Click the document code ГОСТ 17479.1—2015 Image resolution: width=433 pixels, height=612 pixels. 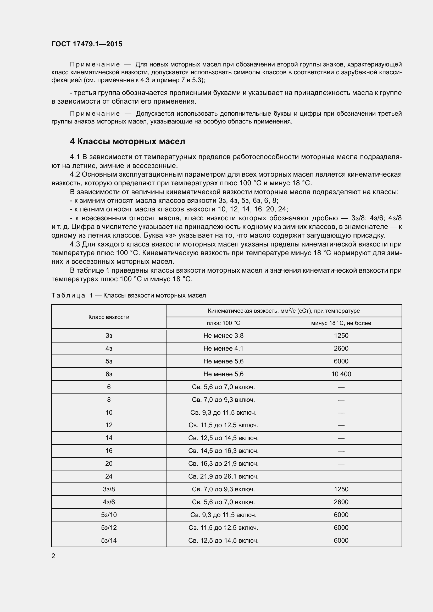coord(87,44)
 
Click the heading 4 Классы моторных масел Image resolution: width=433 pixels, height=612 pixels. coord(127,141)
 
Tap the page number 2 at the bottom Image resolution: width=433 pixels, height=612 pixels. coord(53,556)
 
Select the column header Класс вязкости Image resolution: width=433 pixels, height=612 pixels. coord(109,317)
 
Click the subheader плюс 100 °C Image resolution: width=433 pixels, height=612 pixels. coord(223,323)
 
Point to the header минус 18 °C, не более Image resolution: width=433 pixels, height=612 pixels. coord(341,323)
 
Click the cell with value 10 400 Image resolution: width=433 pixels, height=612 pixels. coord(341,374)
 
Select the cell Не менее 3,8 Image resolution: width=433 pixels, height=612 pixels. coord(223,336)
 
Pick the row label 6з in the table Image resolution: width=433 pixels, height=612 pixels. coord(109,374)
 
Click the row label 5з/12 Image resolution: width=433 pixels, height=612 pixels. coord(109,527)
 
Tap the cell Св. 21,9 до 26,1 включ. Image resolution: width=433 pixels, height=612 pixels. coord(223,476)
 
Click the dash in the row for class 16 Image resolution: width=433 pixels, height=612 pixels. coord(341,451)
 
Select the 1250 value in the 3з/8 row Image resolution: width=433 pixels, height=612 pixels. coord(341,489)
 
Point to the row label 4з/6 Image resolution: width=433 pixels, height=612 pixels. coord(109,502)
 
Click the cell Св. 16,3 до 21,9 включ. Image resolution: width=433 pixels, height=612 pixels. coord(223,464)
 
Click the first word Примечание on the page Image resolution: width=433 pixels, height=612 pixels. coord(95,65)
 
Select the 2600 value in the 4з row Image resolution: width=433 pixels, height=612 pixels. coord(341,348)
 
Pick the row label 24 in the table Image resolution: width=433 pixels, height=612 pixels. coord(109,476)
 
